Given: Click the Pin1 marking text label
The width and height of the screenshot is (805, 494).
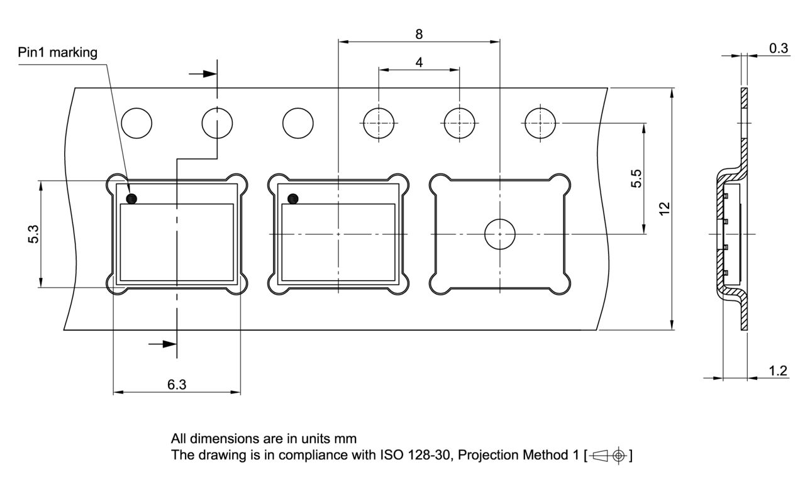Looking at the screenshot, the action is [x=57, y=52].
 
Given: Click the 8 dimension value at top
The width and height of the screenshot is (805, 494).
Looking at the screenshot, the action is [x=419, y=34].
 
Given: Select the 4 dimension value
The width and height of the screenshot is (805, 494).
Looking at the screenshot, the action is [x=419, y=62].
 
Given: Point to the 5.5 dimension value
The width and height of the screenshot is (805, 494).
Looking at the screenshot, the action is [x=636, y=178].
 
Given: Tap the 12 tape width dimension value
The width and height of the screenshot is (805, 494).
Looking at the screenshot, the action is [x=665, y=209].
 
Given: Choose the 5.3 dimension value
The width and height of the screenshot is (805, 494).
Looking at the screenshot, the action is [x=33, y=234].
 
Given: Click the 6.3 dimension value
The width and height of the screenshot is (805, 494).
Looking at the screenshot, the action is [x=177, y=385].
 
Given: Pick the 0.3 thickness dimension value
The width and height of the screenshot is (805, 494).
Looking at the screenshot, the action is [x=779, y=48].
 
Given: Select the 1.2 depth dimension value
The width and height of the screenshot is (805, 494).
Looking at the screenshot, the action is [x=778, y=371].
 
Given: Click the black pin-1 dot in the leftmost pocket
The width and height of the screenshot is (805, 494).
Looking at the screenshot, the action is [x=131, y=199].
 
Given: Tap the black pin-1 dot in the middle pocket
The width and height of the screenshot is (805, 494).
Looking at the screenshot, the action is [x=293, y=199].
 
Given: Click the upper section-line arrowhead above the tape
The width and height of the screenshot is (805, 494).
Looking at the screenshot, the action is [x=210, y=74].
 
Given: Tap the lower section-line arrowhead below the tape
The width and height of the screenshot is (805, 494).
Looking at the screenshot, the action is [x=170, y=344].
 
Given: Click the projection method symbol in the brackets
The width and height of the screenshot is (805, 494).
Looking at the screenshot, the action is [x=608, y=456].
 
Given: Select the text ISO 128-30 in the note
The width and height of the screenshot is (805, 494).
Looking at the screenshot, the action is [x=415, y=455].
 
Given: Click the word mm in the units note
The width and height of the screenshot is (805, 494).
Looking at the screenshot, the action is [x=345, y=439].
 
